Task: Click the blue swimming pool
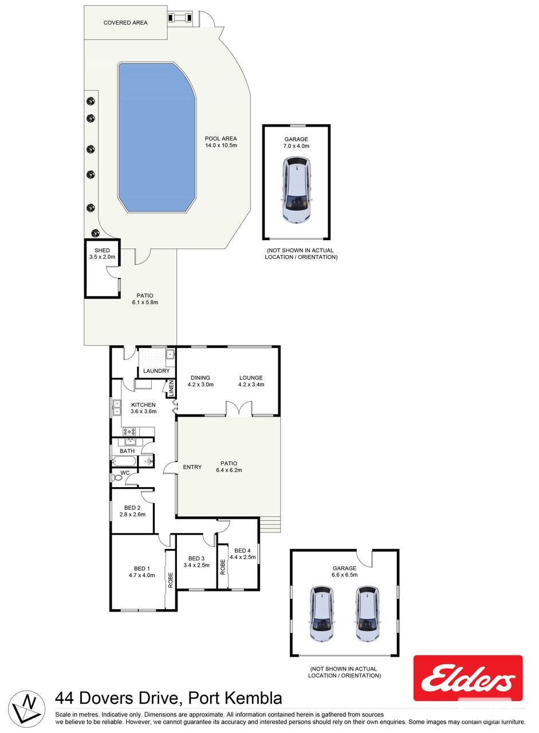(x=157, y=138)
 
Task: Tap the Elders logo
(x=468, y=679)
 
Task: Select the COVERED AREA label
(x=125, y=22)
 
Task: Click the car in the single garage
(x=296, y=190)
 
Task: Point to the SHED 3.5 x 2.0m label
(x=102, y=254)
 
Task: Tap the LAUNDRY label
(x=156, y=371)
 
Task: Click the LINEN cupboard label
(x=171, y=389)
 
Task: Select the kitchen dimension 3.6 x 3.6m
(x=143, y=411)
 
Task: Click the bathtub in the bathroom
(x=124, y=462)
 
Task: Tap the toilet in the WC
(x=117, y=478)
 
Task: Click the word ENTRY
(x=192, y=467)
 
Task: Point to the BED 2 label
(x=132, y=508)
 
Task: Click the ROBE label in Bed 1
(x=170, y=580)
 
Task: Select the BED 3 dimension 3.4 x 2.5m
(x=196, y=565)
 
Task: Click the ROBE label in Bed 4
(x=223, y=567)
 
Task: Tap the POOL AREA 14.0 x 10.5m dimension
(x=221, y=146)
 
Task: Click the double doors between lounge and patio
(x=239, y=409)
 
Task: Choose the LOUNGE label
(x=251, y=378)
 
